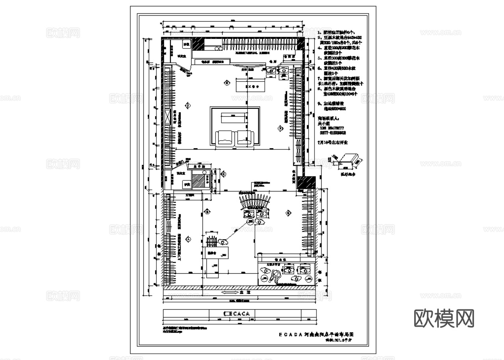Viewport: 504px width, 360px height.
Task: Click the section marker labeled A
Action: [x=188, y=239]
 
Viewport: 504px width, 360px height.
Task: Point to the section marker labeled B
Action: [x=207, y=212]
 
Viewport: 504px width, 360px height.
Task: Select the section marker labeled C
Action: [x=223, y=174]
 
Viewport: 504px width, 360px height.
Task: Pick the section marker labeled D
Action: [x=188, y=106]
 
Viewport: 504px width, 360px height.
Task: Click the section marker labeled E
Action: [x=227, y=82]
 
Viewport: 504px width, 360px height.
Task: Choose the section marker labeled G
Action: [x=288, y=212]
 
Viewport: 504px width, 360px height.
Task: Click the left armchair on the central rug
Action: [x=225, y=137]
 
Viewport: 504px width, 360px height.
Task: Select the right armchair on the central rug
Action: [x=245, y=137]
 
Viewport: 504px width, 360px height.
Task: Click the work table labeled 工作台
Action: [x=251, y=85]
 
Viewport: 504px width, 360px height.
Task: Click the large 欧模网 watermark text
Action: [x=444, y=318]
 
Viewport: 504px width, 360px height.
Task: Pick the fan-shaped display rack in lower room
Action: [x=255, y=200]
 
